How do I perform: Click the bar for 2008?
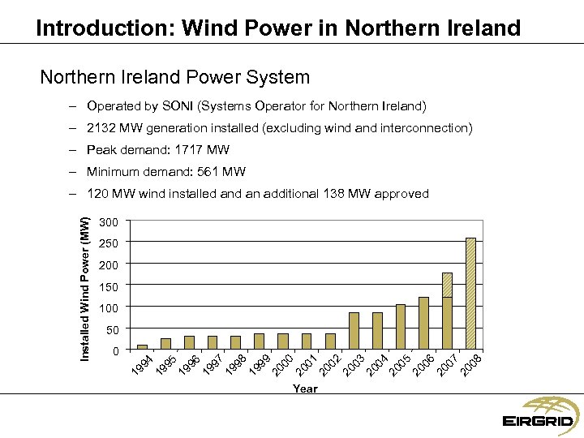470,294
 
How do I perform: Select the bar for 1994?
142,347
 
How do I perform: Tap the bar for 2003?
354,331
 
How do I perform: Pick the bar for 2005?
401,327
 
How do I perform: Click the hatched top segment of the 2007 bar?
447,285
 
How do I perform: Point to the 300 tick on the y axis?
108,222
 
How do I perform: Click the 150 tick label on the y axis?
108,286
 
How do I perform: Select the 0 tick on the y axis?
115,350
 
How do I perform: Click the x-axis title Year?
305,389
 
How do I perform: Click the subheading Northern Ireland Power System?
174,78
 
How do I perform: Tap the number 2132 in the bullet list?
101,128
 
